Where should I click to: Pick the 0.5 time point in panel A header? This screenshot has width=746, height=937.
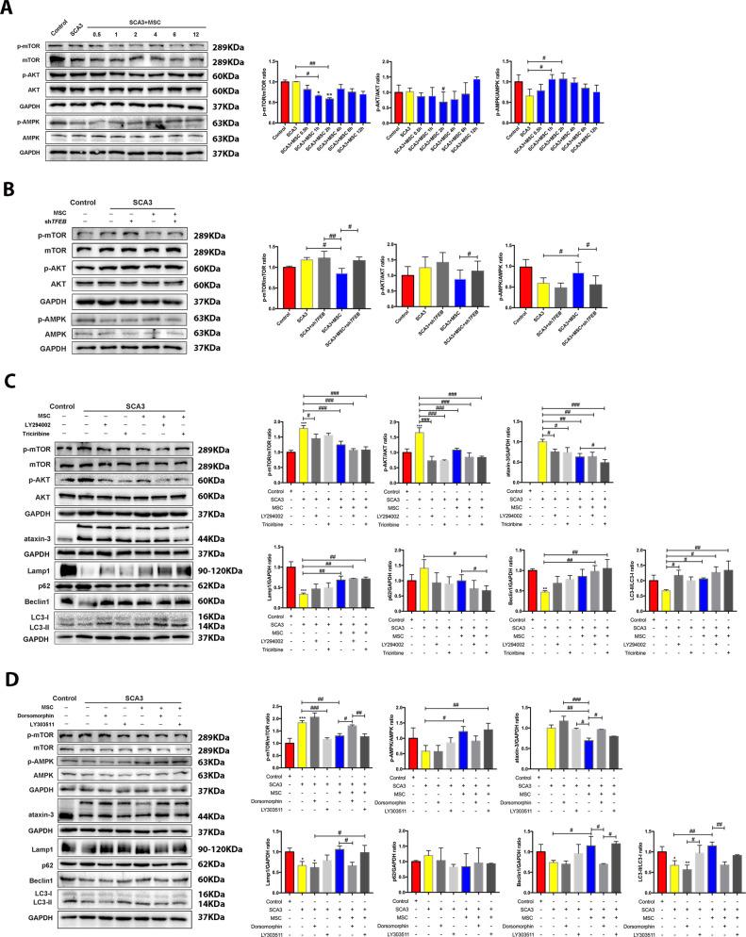96,35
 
